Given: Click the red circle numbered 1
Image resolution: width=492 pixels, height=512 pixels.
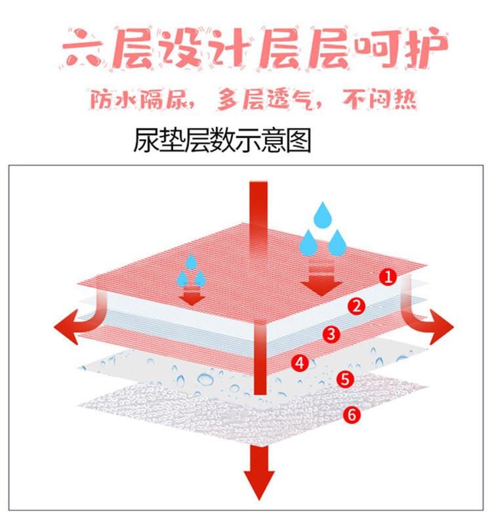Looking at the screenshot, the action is pyautogui.click(x=388, y=277).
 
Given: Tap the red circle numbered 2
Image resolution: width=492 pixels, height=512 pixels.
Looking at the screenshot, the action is pyautogui.click(x=356, y=306).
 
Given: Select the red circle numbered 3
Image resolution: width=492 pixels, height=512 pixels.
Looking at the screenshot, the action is pyautogui.click(x=331, y=334).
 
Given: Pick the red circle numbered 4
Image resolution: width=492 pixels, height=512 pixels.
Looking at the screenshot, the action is pyautogui.click(x=300, y=363).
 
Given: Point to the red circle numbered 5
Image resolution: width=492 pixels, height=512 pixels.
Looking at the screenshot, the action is pyautogui.click(x=345, y=379).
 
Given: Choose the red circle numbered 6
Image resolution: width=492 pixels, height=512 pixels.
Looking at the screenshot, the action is pyautogui.click(x=352, y=415).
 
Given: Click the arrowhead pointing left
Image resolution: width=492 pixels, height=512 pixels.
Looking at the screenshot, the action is pyautogui.click(x=66, y=326).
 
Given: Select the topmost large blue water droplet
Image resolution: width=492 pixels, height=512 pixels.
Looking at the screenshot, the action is pyautogui.click(x=323, y=215).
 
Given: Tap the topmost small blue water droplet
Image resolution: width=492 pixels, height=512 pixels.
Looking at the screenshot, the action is pyautogui.click(x=191, y=261).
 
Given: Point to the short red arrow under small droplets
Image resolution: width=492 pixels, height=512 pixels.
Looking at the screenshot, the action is pyautogui.click(x=192, y=296).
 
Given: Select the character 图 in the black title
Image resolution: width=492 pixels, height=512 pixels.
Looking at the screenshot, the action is pyautogui.click(x=298, y=140).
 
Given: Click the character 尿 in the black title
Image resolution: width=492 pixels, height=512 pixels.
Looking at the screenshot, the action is pyautogui.click(x=146, y=140).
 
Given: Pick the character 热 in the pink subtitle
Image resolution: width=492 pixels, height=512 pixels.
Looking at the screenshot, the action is pyautogui.click(x=405, y=99).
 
